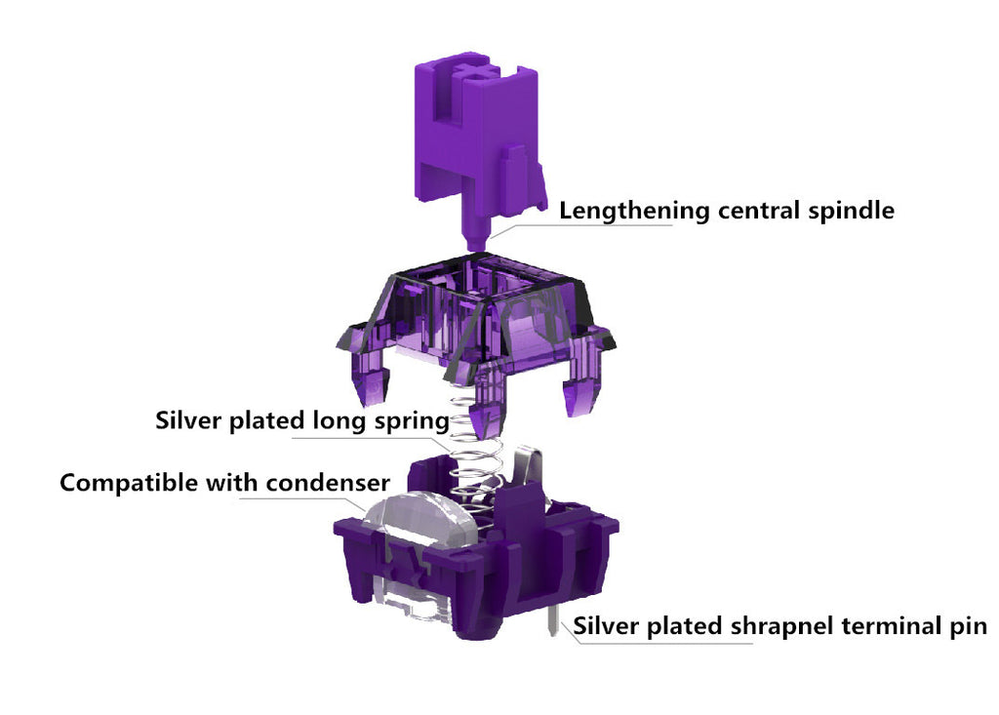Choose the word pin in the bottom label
pyautogui.click(x=970, y=626)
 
